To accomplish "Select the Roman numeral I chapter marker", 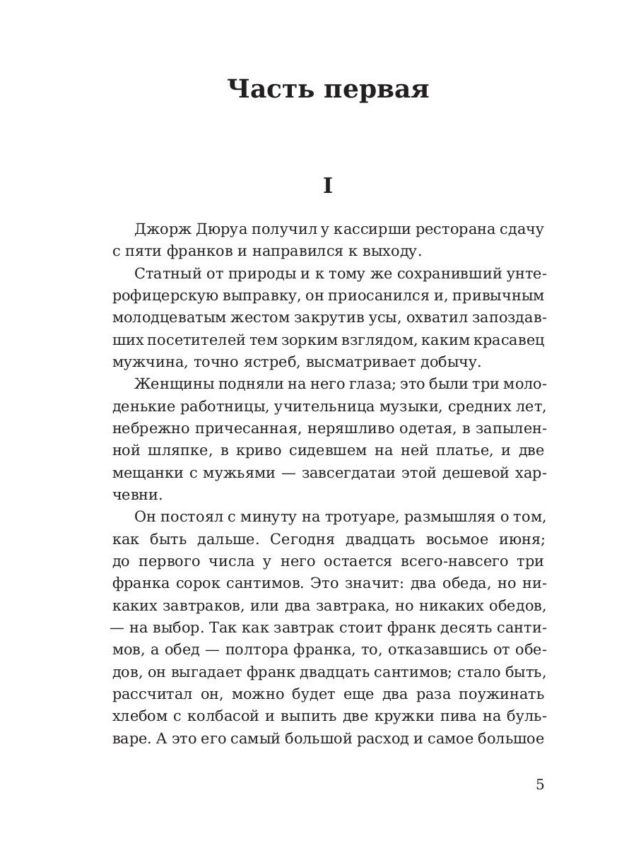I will click(x=327, y=186).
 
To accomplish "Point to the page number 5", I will click(x=540, y=784).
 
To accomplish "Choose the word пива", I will click(x=461, y=716).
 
